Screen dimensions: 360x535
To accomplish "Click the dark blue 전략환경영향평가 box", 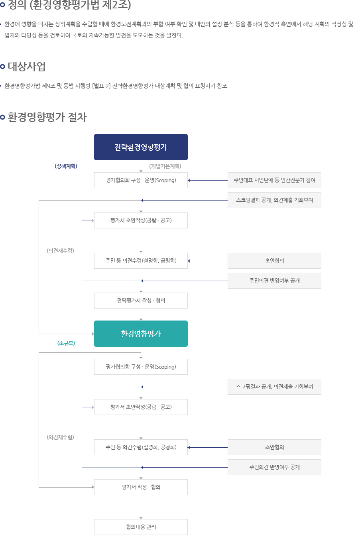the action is tap(141, 147).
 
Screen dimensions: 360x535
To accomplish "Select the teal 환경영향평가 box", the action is tap(141, 334).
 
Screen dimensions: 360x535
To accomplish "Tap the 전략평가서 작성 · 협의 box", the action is tap(141, 301).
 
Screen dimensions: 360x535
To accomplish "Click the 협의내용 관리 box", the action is tap(141, 527).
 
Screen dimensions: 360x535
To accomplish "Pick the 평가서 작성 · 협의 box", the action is tap(141, 487).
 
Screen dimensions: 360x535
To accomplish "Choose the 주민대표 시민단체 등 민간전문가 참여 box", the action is tap(274, 180).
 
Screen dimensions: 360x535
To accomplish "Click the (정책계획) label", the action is tap(66, 166).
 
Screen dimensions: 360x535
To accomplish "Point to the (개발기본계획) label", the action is tap(165, 166).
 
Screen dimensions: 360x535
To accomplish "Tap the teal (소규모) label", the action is tap(66, 343).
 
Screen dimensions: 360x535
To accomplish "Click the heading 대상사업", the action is tap(27, 67).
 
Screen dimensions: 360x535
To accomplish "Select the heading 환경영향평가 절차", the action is tap(47, 117).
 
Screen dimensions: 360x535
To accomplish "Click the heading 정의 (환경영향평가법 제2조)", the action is tap(69, 5).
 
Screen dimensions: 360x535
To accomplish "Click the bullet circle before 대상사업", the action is tap(3, 67).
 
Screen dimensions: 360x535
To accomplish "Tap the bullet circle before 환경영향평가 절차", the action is tap(3, 117).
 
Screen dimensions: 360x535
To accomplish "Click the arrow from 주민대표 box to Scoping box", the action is tap(208, 180).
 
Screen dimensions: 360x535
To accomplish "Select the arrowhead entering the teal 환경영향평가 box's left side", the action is tap(93, 334).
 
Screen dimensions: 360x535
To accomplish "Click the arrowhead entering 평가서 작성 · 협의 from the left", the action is tap(93, 487).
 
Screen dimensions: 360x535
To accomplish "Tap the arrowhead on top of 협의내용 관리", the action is tap(141, 518).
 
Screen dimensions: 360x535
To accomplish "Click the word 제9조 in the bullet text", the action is tap(49, 86).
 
